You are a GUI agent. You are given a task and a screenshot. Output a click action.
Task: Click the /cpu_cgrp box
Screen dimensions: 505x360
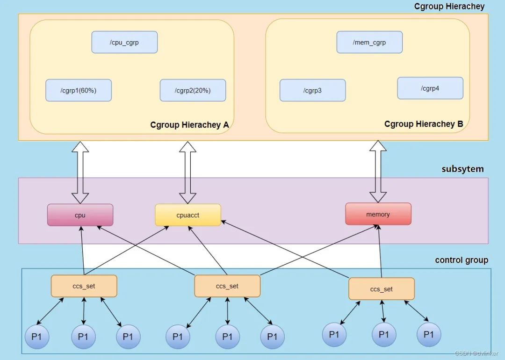coord(124,42)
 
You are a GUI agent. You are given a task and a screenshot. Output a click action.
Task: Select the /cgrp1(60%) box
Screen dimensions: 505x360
coord(79,91)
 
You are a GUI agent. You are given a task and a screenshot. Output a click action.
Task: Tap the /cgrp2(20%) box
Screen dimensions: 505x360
coord(193,91)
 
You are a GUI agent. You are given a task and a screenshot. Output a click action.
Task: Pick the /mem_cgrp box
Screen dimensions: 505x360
coord(369,42)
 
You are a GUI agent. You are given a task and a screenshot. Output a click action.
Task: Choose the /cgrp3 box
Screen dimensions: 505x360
coord(313,91)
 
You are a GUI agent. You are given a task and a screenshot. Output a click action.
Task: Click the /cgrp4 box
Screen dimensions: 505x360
coord(430,88)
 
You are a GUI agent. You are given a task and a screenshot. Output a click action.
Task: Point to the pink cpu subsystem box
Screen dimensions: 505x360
coord(80,215)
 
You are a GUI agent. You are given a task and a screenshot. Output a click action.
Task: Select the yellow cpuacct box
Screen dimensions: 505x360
coord(188,215)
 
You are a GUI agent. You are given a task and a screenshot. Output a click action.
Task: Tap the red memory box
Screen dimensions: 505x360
coord(378,214)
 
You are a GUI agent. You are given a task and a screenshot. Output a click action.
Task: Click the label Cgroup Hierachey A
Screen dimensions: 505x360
coord(189,125)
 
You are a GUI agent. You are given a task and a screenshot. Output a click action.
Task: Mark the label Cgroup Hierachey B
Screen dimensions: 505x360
coord(424,124)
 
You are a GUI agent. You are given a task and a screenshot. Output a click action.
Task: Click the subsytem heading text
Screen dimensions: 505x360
coord(462,169)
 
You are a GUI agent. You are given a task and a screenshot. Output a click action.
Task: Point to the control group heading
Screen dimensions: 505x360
coord(462,260)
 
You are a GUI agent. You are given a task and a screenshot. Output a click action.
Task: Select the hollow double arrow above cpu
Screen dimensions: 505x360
coord(80,173)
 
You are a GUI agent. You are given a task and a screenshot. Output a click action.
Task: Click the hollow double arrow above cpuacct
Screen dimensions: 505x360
coord(188,173)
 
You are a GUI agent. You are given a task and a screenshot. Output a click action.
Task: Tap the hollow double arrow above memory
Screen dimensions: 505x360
coord(378,171)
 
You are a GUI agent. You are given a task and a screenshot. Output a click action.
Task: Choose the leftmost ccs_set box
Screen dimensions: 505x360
coord(84,286)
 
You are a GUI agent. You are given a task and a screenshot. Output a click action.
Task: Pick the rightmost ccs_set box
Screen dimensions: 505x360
coord(382,289)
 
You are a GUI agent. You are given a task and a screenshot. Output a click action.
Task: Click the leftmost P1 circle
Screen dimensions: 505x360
coord(37,337)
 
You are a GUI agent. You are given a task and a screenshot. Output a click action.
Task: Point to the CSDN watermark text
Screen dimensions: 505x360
coord(476,353)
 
